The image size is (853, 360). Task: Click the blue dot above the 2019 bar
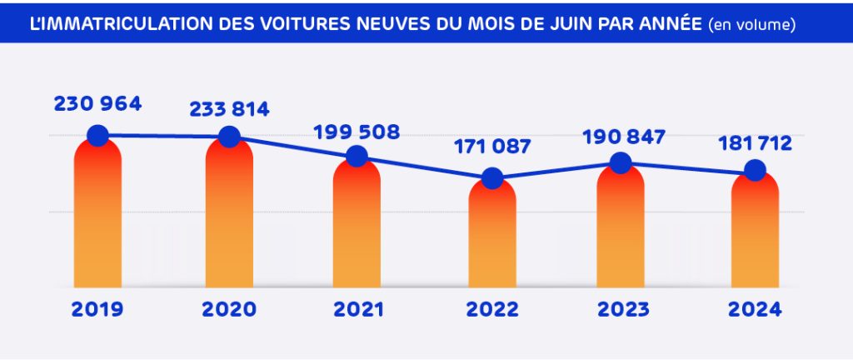[97, 135]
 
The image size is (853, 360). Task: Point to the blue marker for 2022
[492, 178]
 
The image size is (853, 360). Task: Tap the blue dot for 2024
[755, 171]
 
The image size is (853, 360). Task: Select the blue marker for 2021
[357, 156]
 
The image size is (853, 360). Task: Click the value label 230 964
[97, 104]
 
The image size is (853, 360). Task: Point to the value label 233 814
[229, 109]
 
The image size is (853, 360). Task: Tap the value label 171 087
[492, 147]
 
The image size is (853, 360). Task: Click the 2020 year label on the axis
[229, 310]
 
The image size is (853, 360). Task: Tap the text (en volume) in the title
[751, 25]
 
